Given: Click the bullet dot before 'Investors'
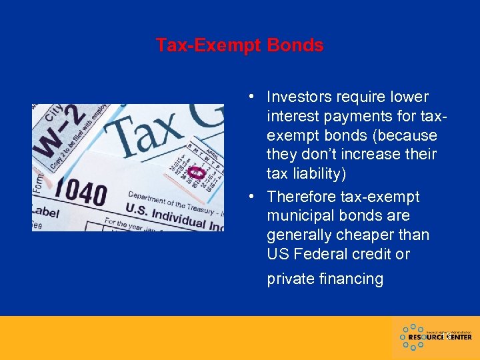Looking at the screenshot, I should click(247, 97).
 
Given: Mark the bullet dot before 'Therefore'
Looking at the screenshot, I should click(247, 197).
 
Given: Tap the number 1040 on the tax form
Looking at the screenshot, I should click(79, 194).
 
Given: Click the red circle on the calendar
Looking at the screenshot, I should click(195, 173).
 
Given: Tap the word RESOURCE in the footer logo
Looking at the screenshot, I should click(423, 337).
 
